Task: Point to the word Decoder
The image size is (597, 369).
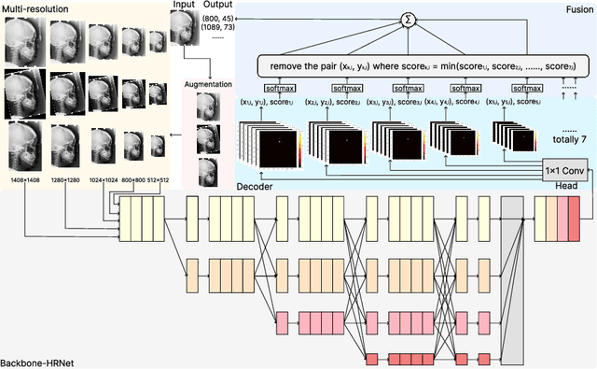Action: click(x=254, y=188)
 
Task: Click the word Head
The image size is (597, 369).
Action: click(x=579, y=187)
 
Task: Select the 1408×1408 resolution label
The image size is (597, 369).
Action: click(x=23, y=178)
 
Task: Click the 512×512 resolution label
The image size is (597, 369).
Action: click(x=152, y=178)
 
